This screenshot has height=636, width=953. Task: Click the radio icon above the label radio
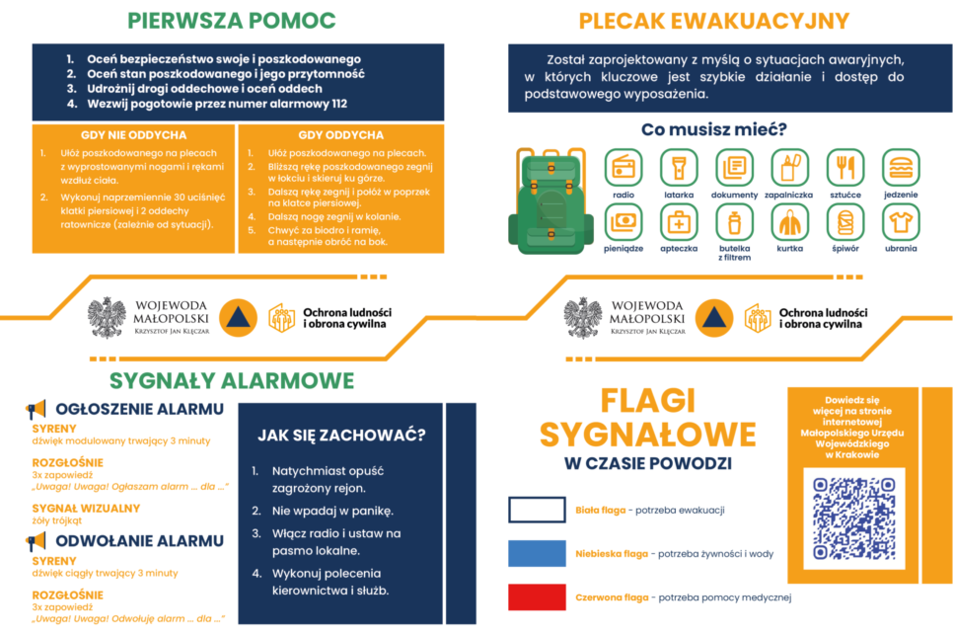(623, 167)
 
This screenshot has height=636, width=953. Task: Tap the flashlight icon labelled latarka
(679, 167)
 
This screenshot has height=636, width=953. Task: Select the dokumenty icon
(734, 167)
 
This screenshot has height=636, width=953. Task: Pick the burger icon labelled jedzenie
(900, 167)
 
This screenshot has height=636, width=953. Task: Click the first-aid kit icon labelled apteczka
(679, 222)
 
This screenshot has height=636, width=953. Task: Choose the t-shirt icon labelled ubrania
(900, 222)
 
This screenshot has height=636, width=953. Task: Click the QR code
(853, 517)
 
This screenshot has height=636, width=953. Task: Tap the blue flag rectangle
(537, 553)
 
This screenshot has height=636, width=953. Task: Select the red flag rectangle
(537, 596)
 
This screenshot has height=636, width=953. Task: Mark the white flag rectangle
(537, 510)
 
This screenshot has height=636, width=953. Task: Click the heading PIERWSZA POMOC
(233, 21)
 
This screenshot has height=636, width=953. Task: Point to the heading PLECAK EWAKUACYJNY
(713, 21)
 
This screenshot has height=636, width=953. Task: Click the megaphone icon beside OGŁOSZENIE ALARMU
(37, 409)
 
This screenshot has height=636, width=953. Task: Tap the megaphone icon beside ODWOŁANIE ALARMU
(37, 541)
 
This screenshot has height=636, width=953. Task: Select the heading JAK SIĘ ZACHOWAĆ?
(341, 435)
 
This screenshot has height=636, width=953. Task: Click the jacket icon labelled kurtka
(789, 222)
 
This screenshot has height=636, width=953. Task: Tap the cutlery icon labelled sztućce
(844, 167)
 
